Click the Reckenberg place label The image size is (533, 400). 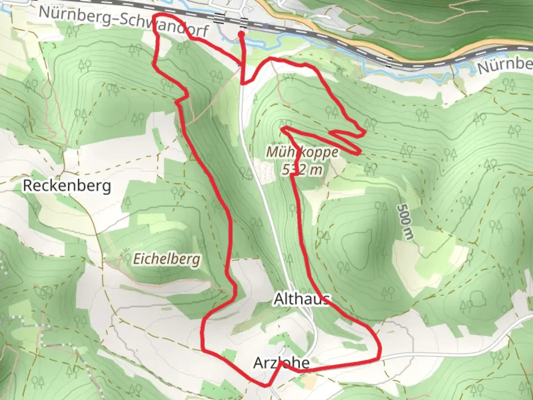point(67,186)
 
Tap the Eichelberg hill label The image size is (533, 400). point(167,259)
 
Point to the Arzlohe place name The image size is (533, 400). point(281,363)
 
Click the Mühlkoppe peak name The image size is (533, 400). point(302,152)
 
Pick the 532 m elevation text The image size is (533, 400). point(302,170)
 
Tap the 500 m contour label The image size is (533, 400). point(404,222)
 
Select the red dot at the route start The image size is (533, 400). point(241,34)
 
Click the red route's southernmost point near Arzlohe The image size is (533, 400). point(265,386)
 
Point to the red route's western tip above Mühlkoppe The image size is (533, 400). point(283,129)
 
